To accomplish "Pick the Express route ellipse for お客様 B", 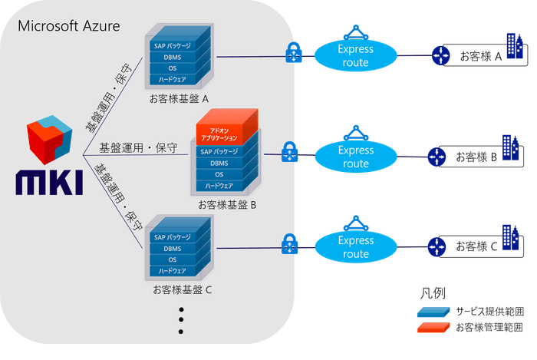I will [356, 157].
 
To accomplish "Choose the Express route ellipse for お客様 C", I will [356, 247].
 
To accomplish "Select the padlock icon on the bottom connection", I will [290, 245].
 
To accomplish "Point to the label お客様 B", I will [476, 157].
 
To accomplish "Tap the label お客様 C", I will [476, 247].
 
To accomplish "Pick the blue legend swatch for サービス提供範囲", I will [434, 312].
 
